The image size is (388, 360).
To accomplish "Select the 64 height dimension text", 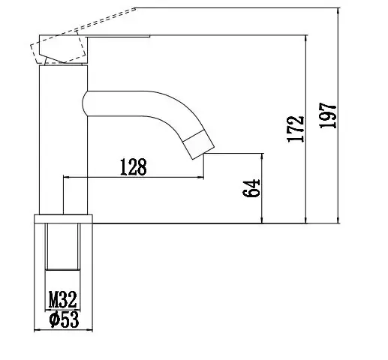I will (x=251, y=188).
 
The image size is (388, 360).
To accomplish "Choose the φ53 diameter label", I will (x=63, y=320).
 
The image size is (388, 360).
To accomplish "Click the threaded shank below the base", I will (x=63, y=247).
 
